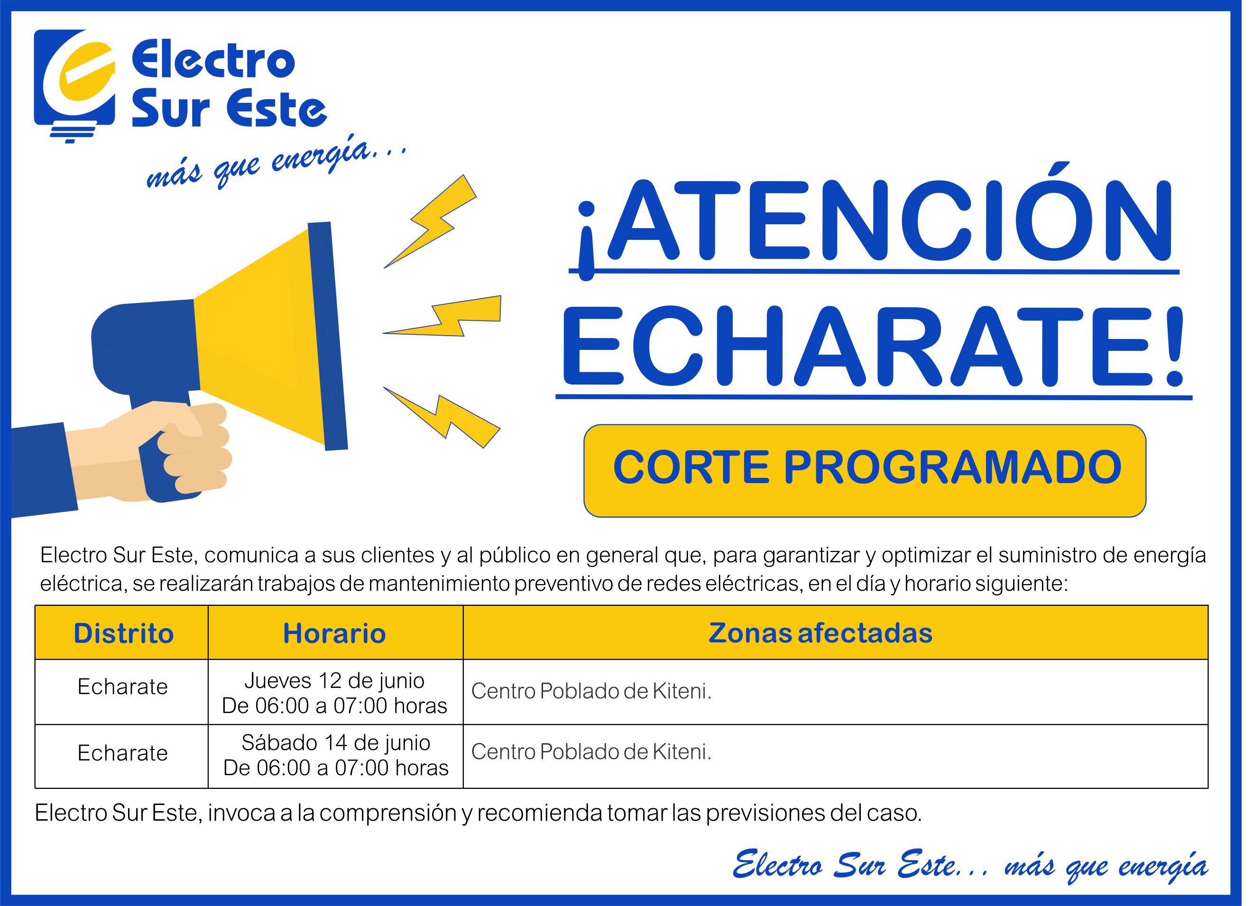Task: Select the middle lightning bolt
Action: (x=442, y=316)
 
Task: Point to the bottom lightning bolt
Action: (x=442, y=417)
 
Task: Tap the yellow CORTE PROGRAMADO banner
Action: (x=865, y=471)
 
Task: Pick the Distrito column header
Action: (x=123, y=633)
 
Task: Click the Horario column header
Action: (x=334, y=633)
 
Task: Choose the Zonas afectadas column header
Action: (x=820, y=633)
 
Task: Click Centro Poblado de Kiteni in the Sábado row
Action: (x=591, y=751)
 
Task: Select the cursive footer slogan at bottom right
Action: (x=970, y=866)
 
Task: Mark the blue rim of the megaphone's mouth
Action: (x=328, y=336)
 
